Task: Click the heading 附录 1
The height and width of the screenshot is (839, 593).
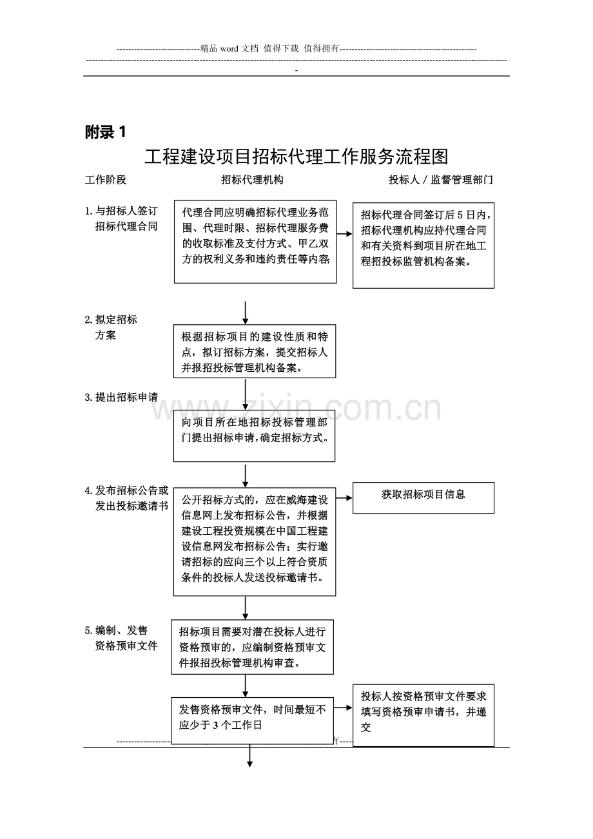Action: tap(105, 132)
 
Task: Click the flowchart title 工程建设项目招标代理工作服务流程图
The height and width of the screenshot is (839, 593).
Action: tap(296, 157)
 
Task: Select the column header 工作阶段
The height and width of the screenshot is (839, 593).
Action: tap(106, 180)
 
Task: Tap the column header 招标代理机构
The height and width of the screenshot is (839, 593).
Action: tap(252, 180)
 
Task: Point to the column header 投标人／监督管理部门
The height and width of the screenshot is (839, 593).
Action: tap(440, 180)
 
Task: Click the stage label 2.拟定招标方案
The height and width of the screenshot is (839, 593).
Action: tap(111, 327)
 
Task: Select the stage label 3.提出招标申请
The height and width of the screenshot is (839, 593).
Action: tap(121, 398)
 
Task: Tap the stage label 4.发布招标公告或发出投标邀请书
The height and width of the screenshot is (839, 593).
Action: tap(126, 498)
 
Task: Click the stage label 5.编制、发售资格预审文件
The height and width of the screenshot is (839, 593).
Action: tap(121, 638)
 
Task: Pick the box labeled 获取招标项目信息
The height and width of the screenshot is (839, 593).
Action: tap(423, 497)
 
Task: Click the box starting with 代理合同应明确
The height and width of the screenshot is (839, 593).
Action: tap(255, 242)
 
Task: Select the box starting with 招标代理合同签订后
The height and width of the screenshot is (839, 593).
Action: tap(423, 246)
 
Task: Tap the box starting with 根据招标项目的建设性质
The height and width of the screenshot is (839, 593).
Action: tap(255, 351)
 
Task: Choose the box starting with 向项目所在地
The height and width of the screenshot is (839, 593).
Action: tap(254, 436)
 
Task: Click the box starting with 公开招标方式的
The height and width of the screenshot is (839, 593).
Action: tap(255, 541)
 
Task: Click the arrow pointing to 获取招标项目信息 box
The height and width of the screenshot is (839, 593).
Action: tap(344, 498)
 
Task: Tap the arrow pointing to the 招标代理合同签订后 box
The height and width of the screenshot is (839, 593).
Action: tap(344, 234)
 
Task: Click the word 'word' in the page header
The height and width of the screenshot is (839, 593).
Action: tap(229, 49)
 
